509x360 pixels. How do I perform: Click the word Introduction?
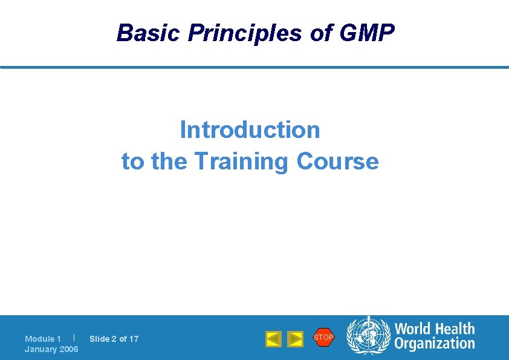click(250, 129)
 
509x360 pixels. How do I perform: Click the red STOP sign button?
click(323, 337)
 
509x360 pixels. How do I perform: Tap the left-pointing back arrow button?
click(273, 339)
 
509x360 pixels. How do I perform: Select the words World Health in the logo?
click(435, 329)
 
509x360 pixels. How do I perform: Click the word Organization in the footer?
click(435, 344)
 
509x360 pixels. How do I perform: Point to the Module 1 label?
click(43, 339)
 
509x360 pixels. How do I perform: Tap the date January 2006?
click(51, 349)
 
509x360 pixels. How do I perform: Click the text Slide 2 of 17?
click(114, 339)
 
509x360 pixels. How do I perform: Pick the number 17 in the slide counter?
click(134, 339)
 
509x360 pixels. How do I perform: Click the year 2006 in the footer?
click(68, 349)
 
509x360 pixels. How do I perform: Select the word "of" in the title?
click(321, 33)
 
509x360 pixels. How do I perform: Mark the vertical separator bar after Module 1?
click(73, 337)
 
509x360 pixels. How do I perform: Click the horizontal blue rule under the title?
click(254, 67)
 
